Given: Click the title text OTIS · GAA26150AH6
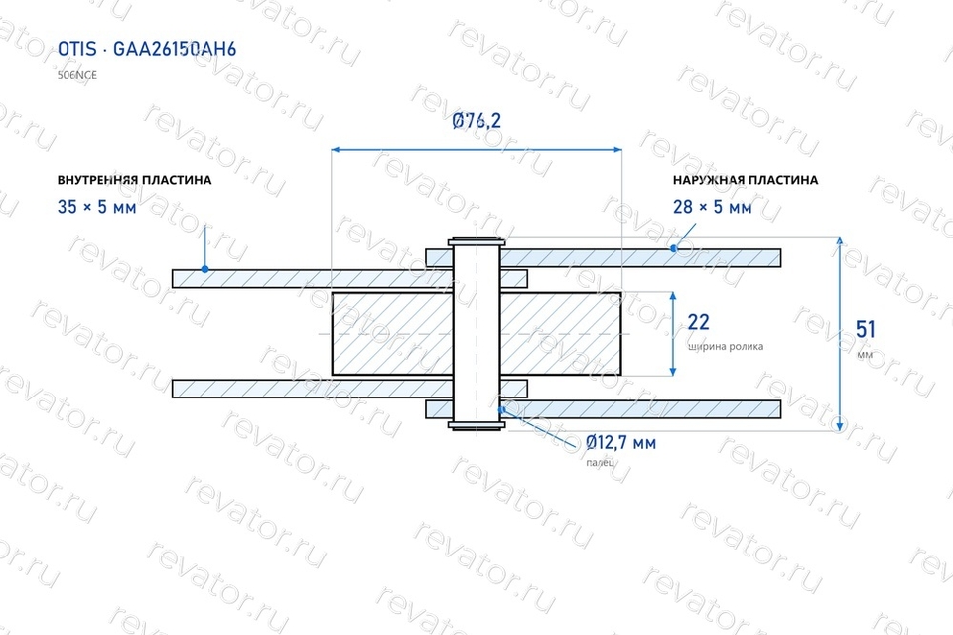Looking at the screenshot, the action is point(147,49).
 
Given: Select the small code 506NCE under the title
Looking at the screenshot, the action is point(77,75).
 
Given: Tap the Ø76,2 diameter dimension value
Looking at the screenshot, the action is point(476,120).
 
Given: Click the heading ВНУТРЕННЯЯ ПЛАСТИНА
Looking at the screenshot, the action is point(134,180).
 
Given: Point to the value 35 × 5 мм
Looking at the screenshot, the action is point(96,207).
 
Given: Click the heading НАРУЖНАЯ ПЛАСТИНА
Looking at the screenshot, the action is point(746,180).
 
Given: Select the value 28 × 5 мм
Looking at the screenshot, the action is point(713,207).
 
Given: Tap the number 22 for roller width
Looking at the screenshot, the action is point(698,322).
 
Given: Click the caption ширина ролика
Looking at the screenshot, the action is point(726,347).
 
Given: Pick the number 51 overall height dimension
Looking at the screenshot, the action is point(865,329).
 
